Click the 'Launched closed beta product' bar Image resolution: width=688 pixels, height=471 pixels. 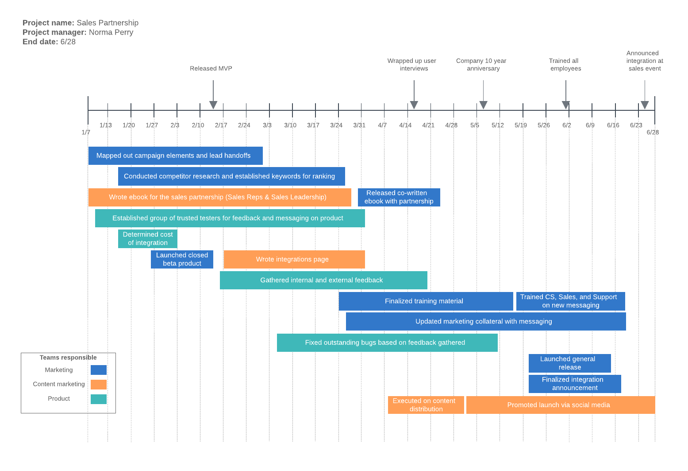[x=182, y=259]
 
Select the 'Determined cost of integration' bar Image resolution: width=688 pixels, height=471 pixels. [x=148, y=239]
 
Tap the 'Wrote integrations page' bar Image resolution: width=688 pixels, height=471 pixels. [x=294, y=259]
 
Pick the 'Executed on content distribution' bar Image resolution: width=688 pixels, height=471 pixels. [x=426, y=405]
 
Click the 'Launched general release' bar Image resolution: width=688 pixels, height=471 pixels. [x=569, y=363]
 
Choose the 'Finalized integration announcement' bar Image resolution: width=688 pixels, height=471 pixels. [x=575, y=384]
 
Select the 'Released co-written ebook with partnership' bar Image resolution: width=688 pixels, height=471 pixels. [x=399, y=197]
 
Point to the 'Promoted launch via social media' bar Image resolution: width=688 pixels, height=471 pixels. [x=560, y=405]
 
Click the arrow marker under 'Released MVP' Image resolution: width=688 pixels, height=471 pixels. [x=213, y=105]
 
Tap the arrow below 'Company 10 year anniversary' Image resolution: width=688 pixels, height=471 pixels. [x=483, y=105]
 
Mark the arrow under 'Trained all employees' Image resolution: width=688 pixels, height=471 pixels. [x=566, y=105]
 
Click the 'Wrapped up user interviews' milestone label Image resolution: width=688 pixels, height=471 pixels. [x=412, y=65]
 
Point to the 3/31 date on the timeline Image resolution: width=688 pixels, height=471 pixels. [x=359, y=125]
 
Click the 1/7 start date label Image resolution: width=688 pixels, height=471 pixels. [x=86, y=132]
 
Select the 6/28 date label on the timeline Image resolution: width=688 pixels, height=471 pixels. [x=653, y=132]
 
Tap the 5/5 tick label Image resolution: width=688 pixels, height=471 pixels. [x=475, y=125]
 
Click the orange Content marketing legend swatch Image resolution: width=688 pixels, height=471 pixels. [x=99, y=385]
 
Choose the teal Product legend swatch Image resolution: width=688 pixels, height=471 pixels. [x=99, y=399]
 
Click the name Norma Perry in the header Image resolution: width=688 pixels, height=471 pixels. [x=111, y=32]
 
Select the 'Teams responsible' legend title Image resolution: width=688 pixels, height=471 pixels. [x=68, y=358]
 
